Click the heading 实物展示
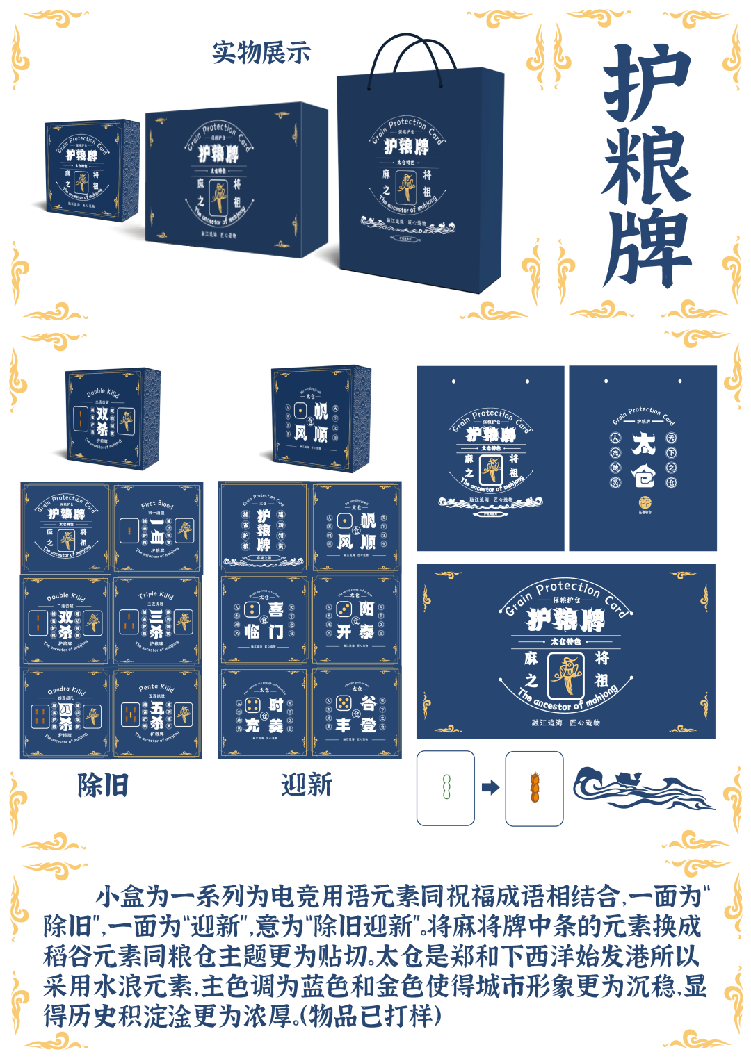tap(261, 53)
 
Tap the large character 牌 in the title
tap(647, 249)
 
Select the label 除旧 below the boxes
tap(103, 785)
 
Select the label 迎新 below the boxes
tap(307, 785)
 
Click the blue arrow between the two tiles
tap(490, 787)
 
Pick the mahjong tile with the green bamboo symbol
tap(446, 788)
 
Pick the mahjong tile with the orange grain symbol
tap(534, 788)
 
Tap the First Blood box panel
tap(157, 528)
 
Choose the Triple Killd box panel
tap(157, 620)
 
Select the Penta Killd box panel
tap(157, 713)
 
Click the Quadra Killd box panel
tap(65, 713)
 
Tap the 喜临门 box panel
tap(264, 620)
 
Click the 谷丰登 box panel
tap(356, 713)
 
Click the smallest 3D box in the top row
tap(92, 170)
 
